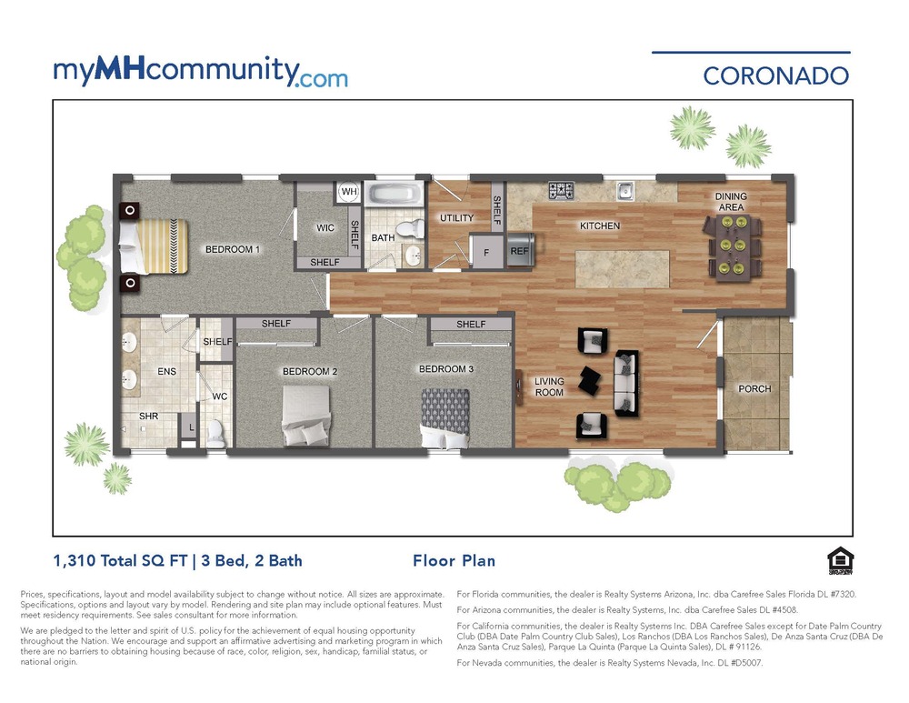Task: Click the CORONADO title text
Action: pyautogui.click(x=775, y=75)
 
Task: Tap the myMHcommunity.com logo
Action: pyautogui.click(x=200, y=72)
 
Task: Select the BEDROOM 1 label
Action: pyautogui.click(x=233, y=249)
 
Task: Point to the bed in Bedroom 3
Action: pyautogui.click(x=445, y=418)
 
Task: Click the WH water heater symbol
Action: pyautogui.click(x=349, y=192)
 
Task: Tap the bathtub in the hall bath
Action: pyautogui.click(x=395, y=194)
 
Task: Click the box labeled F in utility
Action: pyautogui.click(x=485, y=252)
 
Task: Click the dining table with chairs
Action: pyautogui.click(x=734, y=246)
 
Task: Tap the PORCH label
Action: pyautogui.click(x=754, y=389)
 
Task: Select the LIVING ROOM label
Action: pyautogui.click(x=549, y=387)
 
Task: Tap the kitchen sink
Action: pyautogui.click(x=624, y=190)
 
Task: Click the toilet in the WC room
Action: pyautogui.click(x=215, y=431)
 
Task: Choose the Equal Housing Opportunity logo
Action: pyautogui.click(x=837, y=563)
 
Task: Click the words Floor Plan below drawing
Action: pyautogui.click(x=454, y=561)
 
